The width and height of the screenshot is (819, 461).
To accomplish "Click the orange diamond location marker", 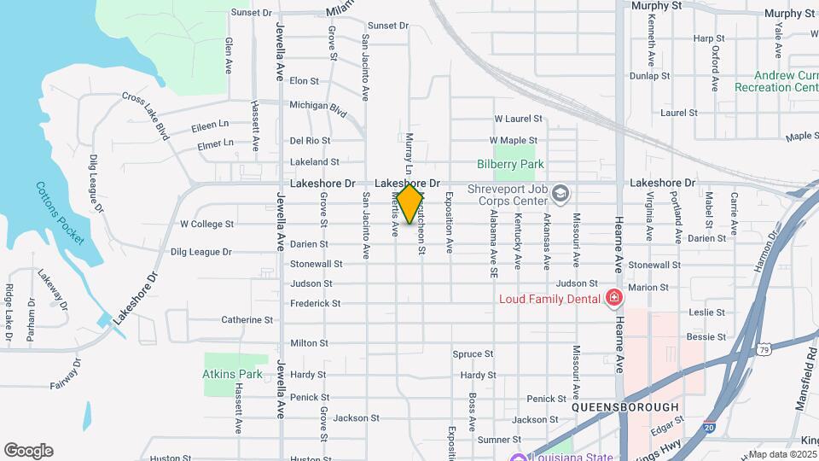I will point(410,204).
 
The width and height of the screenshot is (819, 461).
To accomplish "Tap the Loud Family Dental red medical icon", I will point(613,297).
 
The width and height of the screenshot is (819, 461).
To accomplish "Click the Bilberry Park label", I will point(510,164).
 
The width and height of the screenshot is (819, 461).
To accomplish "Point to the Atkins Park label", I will point(232,374).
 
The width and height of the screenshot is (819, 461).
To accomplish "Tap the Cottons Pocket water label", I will point(60,213).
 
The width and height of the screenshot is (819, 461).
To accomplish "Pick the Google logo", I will point(28,451).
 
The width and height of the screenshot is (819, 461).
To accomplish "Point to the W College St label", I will point(206,225).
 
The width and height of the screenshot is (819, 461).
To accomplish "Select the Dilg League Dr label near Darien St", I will point(200,252).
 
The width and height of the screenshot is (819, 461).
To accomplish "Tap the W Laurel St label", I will point(519,119).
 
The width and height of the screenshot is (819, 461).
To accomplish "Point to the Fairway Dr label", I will point(65,373).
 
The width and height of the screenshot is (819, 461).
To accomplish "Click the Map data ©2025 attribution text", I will point(782,454).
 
